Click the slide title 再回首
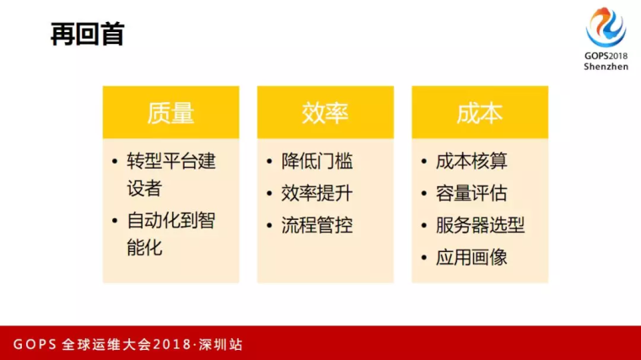[88, 34]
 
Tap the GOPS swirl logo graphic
[606, 27]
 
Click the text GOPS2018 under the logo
[606, 56]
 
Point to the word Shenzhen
[606, 67]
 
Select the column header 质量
[170, 113]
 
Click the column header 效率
[325, 113]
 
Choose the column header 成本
[480, 113]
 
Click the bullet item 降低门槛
[317, 161]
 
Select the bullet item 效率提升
[317, 193]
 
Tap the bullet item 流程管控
[317, 225]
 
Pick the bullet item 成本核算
[471, 161]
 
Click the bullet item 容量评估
[471, 193]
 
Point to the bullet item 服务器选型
[480, 225]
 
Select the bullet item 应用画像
[471, 257]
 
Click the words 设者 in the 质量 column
[144, 188]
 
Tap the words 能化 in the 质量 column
[144, 248]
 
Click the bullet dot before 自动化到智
[115, 221]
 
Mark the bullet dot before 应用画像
[423, 258]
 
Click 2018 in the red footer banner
[172, 345]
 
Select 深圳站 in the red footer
[221, 345]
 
